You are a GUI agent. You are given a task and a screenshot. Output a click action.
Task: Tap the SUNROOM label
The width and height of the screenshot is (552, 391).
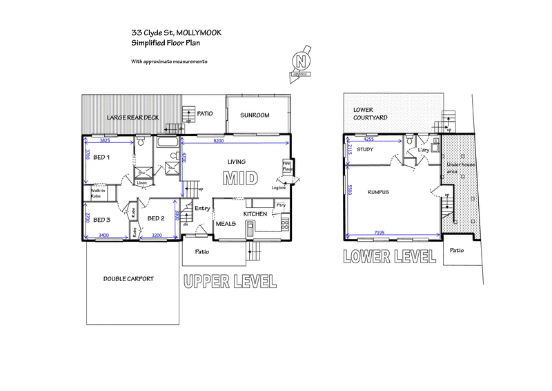255,115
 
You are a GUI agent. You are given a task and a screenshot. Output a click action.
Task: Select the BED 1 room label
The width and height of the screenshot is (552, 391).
103,158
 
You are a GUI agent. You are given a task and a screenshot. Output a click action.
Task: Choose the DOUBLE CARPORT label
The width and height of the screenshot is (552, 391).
128,278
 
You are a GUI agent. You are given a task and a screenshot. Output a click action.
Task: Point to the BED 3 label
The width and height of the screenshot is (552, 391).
101,220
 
